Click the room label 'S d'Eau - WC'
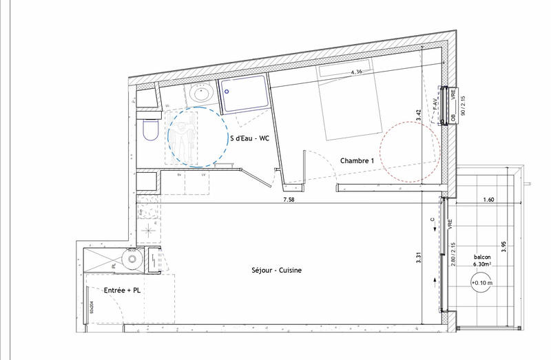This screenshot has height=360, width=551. pyautogui.click(x=249, y=138)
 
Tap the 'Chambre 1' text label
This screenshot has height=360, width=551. pyautogui.click(x=357, y=160)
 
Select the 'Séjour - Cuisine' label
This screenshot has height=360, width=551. pyautogui.click(x=276, y=271)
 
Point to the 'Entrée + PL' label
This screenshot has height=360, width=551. pyautogui.click(x=122, y=291)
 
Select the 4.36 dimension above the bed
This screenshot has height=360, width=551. pyautogui.click(x=357, y=72)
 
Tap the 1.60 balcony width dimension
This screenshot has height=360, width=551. pyautogui.click(x=488, y=200)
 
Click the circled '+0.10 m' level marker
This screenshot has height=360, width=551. pyautogui.click(x=480, y=282)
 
